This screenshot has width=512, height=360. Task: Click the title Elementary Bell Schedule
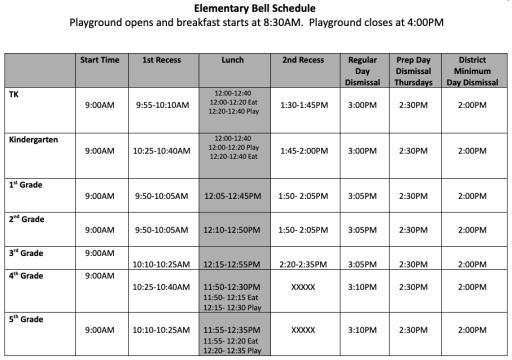[x=255, y=7]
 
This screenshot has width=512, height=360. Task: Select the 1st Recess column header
[x=163, y=60]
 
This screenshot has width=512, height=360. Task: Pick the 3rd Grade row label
[x=28, y=253]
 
